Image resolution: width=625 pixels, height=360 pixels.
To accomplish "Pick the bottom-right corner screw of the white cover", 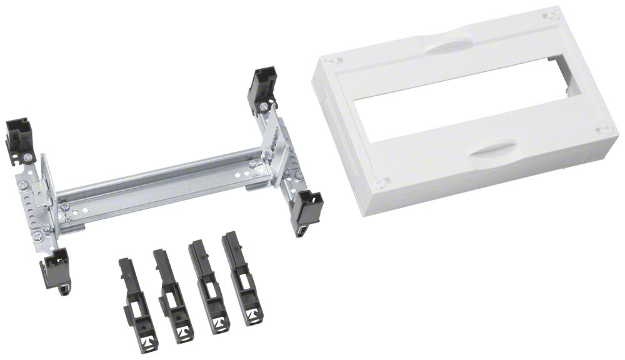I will click(604, 129).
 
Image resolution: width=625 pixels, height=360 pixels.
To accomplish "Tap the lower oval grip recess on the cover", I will click(493, 150).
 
